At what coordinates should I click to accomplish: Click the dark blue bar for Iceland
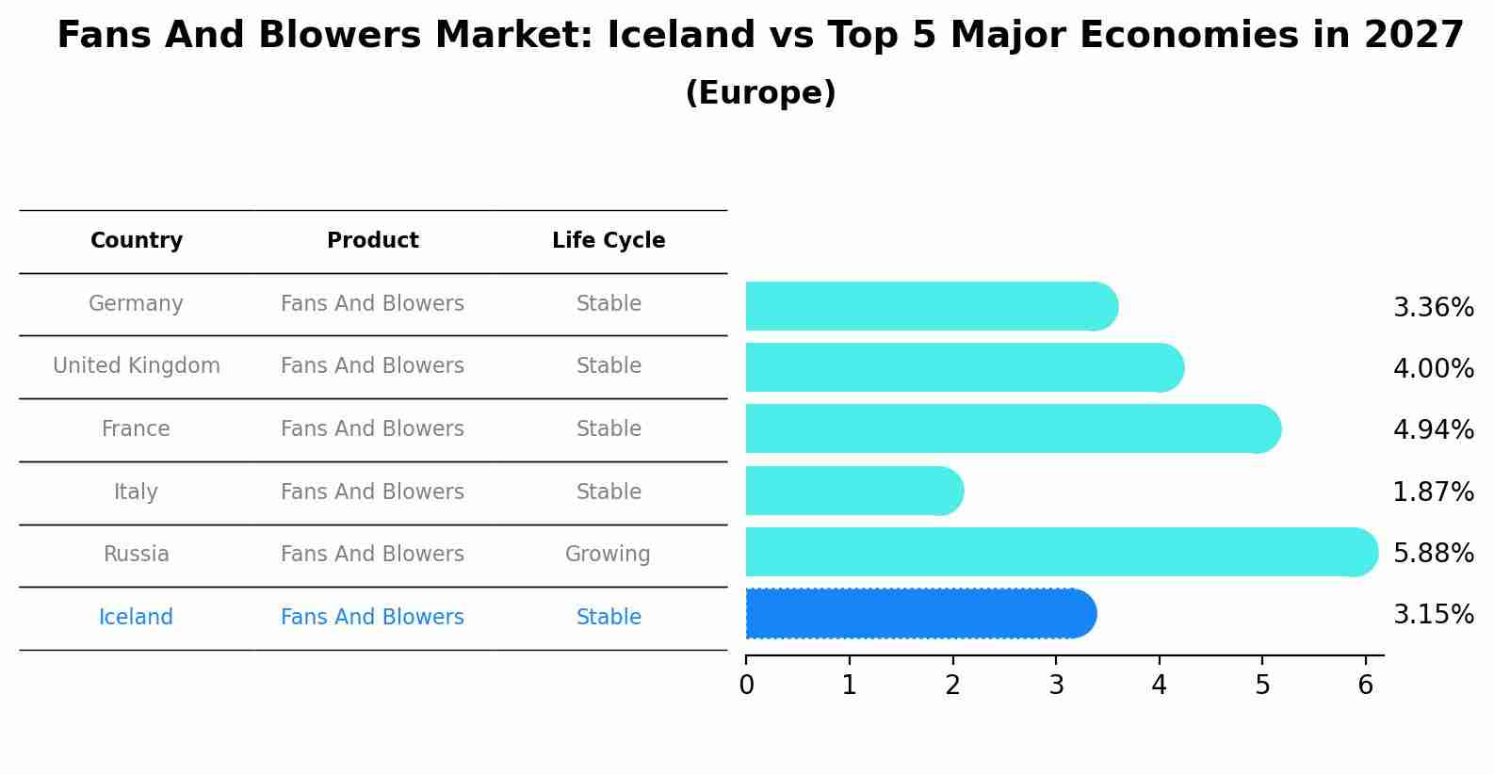tap(918, 614)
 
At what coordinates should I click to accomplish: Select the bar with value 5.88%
tap(1060, 552)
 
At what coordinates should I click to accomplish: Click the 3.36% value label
tap(1433, 308)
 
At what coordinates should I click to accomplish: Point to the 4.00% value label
tap(1433, 369)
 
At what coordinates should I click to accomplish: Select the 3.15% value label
tap(1433, 615)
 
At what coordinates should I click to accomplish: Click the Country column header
tap(137, 241)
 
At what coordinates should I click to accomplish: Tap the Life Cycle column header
tap(609, 241)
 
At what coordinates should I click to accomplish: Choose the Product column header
tap(373, 241)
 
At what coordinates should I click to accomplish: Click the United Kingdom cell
tap(137, 366)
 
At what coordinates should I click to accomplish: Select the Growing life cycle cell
tap(608, 555)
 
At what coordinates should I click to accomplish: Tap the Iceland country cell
tap(136, 618)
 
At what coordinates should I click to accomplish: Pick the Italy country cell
tap(136, 492)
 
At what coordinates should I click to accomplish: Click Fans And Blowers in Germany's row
tap(372, 304)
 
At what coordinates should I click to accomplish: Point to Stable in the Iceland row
tap(609, 618)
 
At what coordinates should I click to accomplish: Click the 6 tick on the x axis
tap(1365, 686)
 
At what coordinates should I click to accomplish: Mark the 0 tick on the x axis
tap(746, 686)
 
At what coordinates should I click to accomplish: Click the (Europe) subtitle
tap(760, 93)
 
